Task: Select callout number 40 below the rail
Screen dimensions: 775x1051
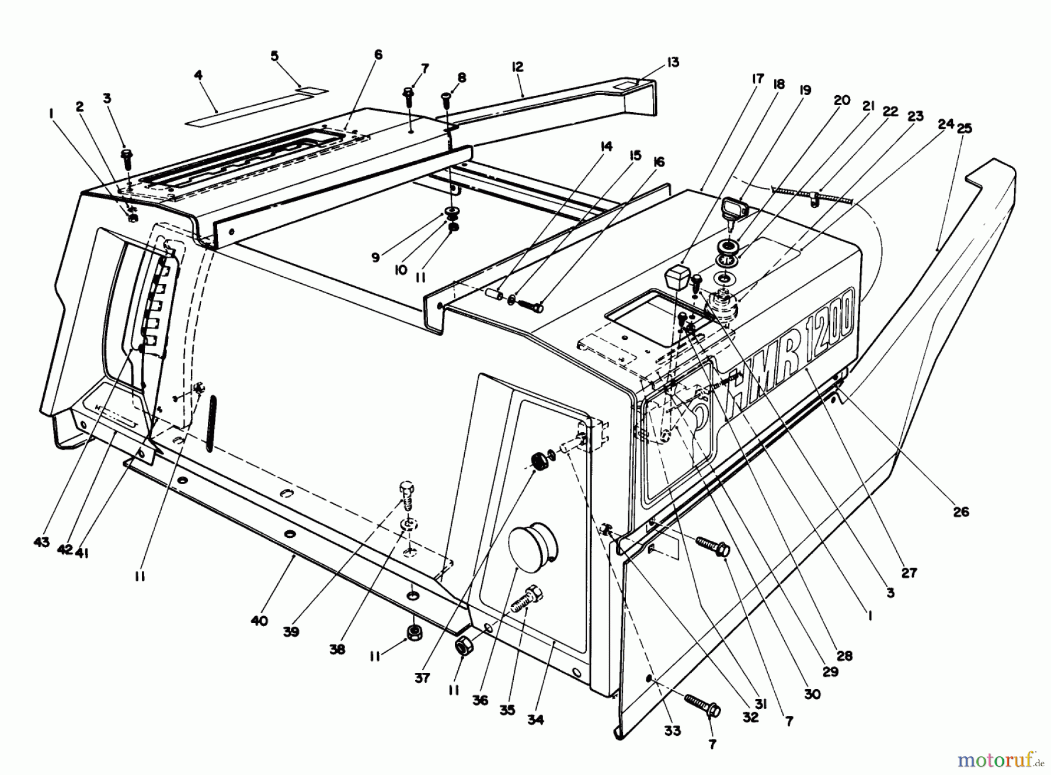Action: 259,621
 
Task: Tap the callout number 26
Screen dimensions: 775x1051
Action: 960,512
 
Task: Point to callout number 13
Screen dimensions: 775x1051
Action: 673,62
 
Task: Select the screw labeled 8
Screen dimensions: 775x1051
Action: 447,102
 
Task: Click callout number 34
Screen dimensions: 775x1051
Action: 535,720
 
